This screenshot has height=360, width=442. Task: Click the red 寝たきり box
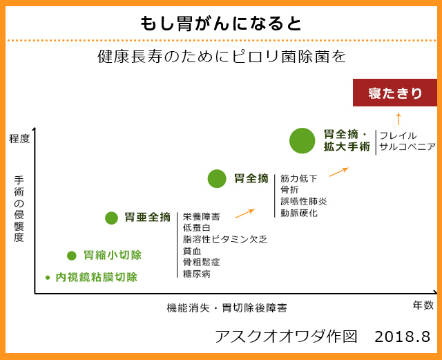pos(394,93)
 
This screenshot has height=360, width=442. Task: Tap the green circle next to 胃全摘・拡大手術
pos(302,140)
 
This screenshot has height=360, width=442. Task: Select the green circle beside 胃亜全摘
pos(111,218)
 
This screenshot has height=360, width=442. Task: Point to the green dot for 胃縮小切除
pos(72,256)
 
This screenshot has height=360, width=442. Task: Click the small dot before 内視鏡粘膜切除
pos(48,278)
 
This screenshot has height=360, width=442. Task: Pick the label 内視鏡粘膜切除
pos(97,277)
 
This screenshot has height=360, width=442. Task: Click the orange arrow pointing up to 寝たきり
pos(398,119)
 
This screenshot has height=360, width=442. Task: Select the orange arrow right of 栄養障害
pos(245,214)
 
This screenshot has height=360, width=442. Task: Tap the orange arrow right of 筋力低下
pos(339,172)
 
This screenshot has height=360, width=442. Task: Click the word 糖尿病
pos(196,274)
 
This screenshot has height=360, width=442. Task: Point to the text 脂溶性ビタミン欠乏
pos(225,239)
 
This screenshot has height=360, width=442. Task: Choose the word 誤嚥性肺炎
pos(304,202)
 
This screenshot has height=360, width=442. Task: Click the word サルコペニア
pos(407,146)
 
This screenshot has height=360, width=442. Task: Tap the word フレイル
pos(398,135)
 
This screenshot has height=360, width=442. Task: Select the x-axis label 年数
pos(423,305)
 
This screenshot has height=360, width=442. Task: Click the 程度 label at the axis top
pos(19,138)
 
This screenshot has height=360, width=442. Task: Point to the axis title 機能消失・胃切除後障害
pos(227,307)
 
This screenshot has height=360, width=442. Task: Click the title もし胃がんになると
pos(221,23)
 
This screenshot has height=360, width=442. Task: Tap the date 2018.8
pos(402,337)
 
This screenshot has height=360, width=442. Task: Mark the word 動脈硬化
pos(299,213)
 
